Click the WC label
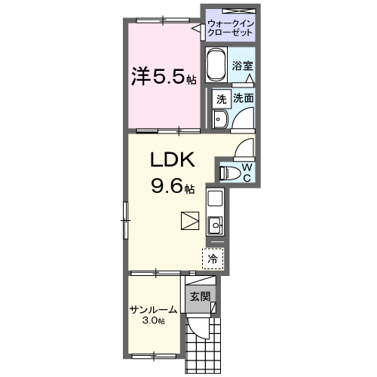(247, 172)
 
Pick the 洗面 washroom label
(243, 99)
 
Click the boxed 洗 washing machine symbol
(221, 99)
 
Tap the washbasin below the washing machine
(219, 120)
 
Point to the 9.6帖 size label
(171, 186)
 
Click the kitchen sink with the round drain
(215, 224)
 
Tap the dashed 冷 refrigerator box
(213, 258)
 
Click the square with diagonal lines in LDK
(189, 221)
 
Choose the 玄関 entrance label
(199, 296)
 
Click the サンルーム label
(153, 309)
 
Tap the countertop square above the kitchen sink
(215, 201)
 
